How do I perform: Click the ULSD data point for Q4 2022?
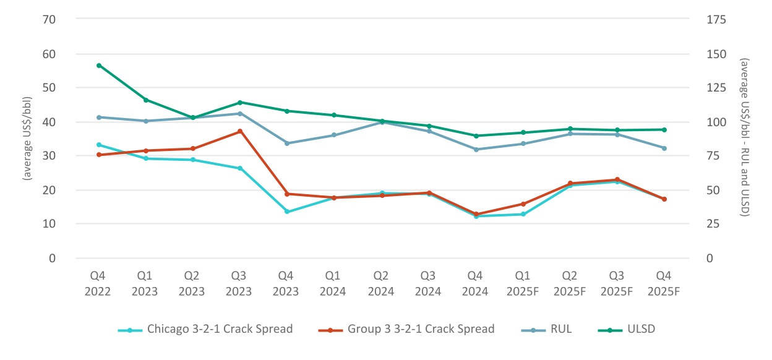click(99, 65)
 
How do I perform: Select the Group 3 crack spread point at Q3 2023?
click(240, 131)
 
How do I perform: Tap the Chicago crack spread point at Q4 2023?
click(287, 212)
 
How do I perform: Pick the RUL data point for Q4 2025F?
click(664, 148)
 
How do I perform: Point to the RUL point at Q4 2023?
click(287, 143)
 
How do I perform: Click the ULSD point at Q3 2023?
click(240, 102)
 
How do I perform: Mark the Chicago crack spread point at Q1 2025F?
click(523, 214)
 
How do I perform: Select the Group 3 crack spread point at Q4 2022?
click(99, 155)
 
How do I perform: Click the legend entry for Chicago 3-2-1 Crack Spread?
click(205, 329)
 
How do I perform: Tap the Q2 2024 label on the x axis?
click(381, 283)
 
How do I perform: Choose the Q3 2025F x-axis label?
click(617, 283)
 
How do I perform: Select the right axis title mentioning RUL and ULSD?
click(745, 138)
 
